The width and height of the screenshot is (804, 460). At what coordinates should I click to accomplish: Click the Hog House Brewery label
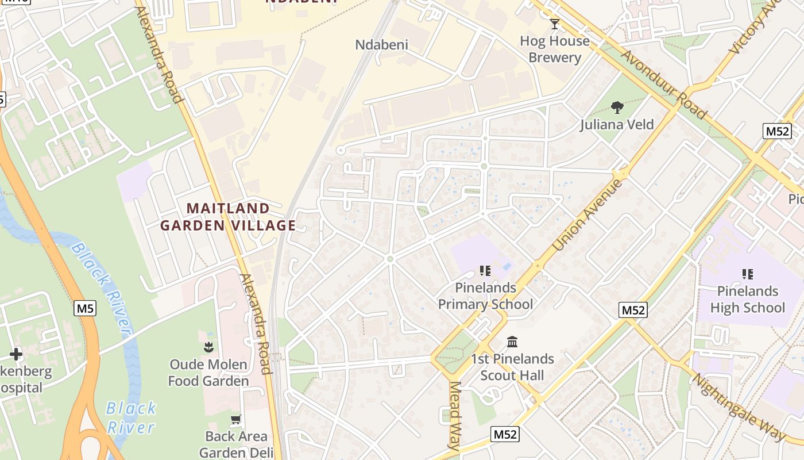[554, 49]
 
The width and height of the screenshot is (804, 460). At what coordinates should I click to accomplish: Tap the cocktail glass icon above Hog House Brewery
[554, 24]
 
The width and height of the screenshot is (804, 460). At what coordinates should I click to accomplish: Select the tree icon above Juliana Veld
[617, 108]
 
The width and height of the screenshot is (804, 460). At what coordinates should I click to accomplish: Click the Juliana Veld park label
[617, 124]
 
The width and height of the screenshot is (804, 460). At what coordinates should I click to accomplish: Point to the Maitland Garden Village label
[228, 217]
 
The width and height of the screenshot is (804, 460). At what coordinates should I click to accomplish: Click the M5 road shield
[85, 309]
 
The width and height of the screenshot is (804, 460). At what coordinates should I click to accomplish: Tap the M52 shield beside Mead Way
[505, 434]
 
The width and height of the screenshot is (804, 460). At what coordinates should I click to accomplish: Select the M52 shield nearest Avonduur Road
[777, 131]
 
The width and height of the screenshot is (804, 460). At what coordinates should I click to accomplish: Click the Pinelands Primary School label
[485, 296]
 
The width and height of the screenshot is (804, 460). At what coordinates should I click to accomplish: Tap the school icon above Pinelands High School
[747, 274]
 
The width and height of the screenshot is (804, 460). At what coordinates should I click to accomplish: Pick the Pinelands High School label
[747, 299]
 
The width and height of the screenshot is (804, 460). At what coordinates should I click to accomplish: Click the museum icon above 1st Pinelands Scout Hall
[512, 343]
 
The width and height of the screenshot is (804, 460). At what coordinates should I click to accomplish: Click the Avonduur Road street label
[663, 85]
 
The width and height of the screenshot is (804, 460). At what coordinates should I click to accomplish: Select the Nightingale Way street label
[738, 408]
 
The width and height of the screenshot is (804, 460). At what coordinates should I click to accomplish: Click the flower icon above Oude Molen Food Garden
[208, 347]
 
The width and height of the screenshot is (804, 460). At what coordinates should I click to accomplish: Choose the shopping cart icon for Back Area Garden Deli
[235, 420]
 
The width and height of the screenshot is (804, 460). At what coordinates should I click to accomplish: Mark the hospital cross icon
[16, 354]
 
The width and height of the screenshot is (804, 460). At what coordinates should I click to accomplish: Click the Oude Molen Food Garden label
[208, 373]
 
